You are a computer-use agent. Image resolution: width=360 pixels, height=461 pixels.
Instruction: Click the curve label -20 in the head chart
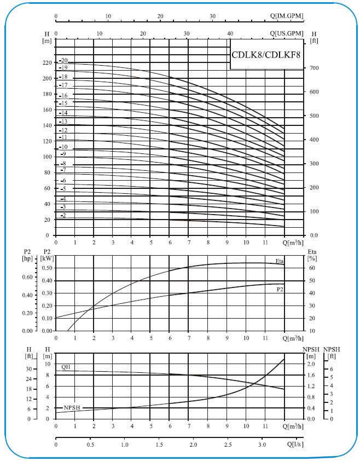click(x=63, y=60)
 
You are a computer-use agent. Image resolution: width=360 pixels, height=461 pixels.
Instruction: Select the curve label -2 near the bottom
click(x=63, y=216)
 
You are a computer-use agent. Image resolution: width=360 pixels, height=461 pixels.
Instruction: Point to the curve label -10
click(x=63, y=147)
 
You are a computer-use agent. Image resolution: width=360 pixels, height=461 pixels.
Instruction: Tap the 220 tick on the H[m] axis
click(x=47, y=63)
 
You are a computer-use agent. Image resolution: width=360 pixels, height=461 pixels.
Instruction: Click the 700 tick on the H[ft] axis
click(x=315, y=68)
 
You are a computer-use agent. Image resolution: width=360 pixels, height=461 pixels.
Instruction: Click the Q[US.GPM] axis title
click(x=284, y=33)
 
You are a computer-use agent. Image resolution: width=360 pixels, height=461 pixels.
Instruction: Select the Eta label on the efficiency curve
click(x=280, y=261)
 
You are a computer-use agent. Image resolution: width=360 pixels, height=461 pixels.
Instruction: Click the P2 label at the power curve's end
click(x=280, y=289)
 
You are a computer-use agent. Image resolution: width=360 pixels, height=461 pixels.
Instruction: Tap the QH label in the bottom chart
click(x=66, y=367)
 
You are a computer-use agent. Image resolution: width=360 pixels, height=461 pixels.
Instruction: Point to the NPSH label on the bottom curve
click(x=72, y=408)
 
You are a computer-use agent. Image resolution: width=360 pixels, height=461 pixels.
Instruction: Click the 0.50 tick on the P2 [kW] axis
click(x=47, y=268)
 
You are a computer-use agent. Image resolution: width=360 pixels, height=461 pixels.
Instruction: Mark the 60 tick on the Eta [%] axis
click(x=312, y=268)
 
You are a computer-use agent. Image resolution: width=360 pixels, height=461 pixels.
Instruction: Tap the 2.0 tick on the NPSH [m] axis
click(x=310, y=364)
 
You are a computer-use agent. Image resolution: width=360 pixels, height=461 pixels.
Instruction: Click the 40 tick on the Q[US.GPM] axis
click(x=230, y=33)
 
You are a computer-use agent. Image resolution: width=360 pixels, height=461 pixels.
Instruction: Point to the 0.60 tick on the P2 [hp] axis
click(x=27, y=277)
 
